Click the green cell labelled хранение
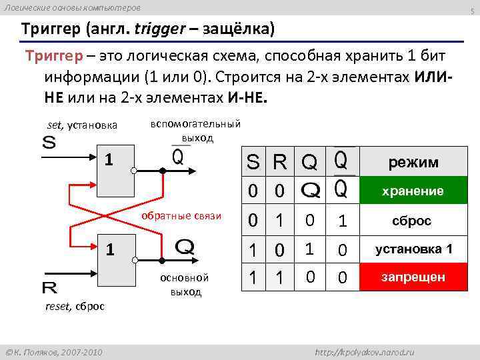pos(413,191)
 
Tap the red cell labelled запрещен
pos(413,277)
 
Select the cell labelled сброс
pos(413,221)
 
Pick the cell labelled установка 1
pos(413,249)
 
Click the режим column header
pos(413,162)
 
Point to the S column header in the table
pos(253,162)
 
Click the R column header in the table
pos(279,162)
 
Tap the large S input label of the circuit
pos(49,143)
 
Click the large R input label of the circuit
pos(49,288)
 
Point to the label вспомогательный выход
pos(195,131)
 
